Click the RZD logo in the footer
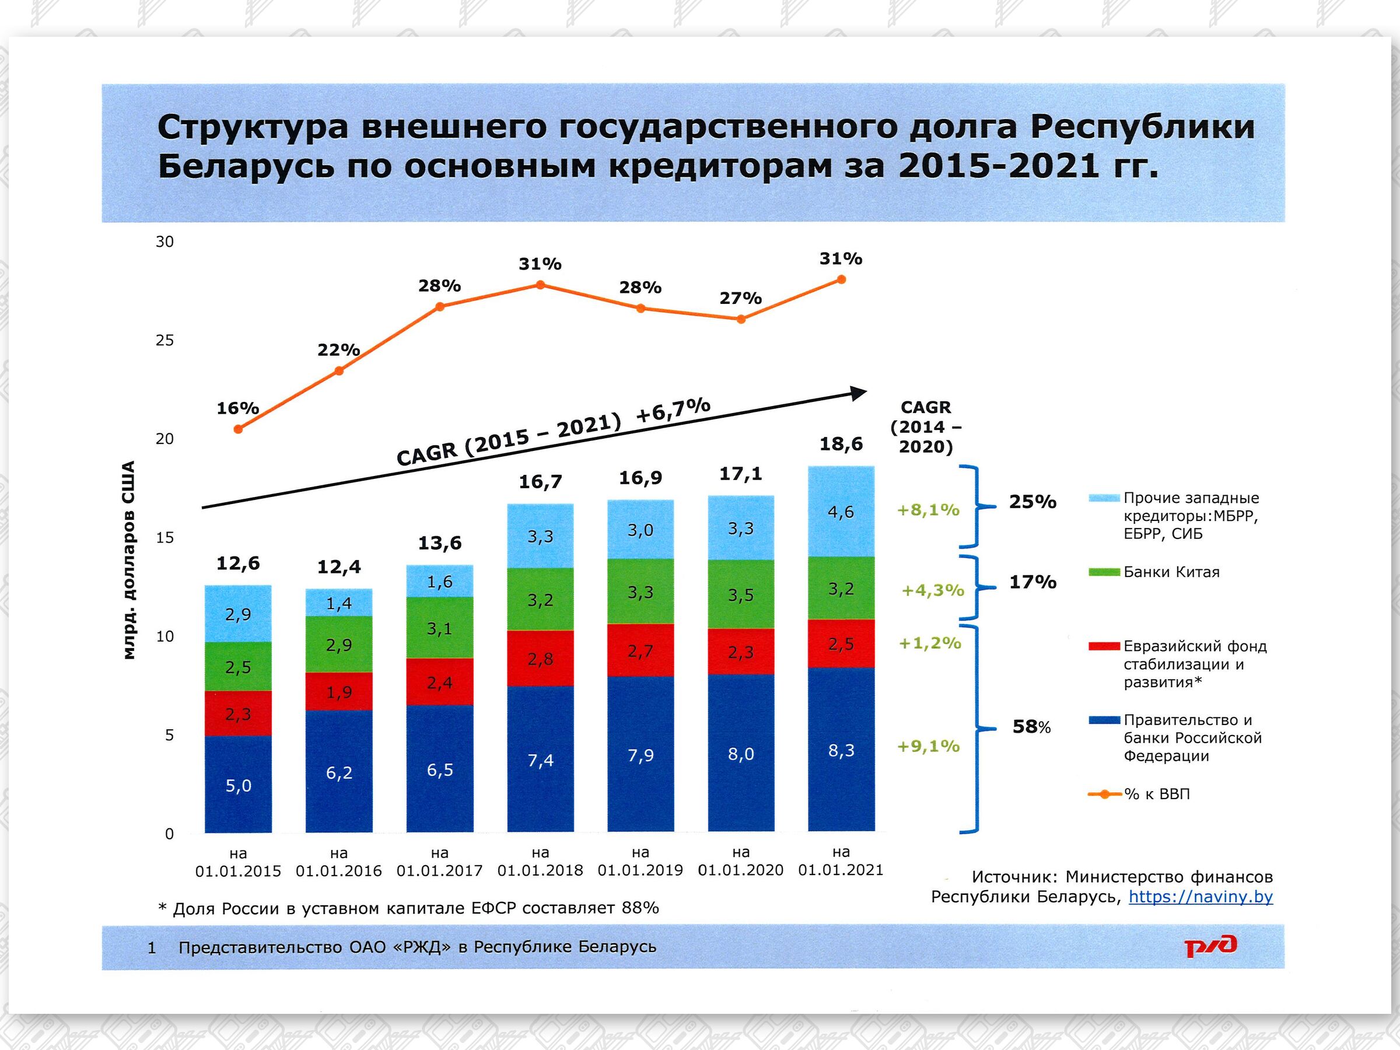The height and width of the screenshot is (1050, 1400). [x=1210, y=946]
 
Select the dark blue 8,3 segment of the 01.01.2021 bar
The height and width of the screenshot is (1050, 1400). [x=841, y=750]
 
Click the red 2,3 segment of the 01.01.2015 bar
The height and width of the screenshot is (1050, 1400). [x=238, y=714]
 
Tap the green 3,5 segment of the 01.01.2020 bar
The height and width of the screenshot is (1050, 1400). [x=740, y=594]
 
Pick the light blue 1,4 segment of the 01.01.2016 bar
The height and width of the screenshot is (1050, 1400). [x=338, y=603]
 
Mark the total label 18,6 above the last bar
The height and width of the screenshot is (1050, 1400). [x=841, y=444]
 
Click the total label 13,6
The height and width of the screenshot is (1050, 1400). [x=439, y=542]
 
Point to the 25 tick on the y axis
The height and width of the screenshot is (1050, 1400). [x=164, y=341]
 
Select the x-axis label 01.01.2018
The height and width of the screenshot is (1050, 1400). [x=540, y=870]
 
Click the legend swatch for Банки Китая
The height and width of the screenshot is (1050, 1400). [x=1104, y=572]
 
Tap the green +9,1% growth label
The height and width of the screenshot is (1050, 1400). [x=929, y=746]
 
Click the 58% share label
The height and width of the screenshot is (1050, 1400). [x=1031, y=727]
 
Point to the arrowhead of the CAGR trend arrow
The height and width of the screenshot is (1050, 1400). [x=859, y=393]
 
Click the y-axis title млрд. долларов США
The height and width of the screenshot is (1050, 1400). [x=129, y=560]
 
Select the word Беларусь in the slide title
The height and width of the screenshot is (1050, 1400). [x=246, y=166]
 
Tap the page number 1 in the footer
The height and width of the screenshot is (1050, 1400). [x=151, y=947]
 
